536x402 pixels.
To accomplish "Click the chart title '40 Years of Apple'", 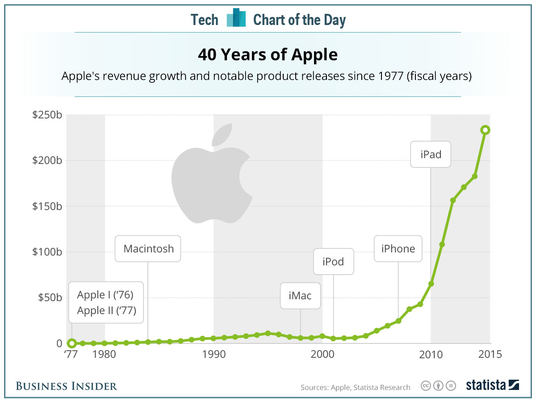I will coord(268,55).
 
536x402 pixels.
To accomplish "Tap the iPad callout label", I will coord(431,155).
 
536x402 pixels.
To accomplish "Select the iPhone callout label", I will coord(398,248).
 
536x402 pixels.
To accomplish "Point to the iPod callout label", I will coord(333,261).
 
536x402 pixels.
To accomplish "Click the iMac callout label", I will coord(300,295).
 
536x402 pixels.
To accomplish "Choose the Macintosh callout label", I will coord(148,248).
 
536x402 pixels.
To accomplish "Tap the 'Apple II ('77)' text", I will coord(106,310).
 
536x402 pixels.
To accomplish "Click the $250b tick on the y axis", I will coord(47,115).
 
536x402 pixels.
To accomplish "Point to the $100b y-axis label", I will coord(47,252).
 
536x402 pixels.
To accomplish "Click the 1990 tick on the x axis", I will coord(214,355).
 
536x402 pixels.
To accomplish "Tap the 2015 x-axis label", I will coord(490,355).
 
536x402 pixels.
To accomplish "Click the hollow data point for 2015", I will coord(485,130).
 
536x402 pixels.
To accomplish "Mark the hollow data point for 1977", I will coord(71,343).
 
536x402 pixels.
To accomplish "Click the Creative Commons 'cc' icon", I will coord(426,385).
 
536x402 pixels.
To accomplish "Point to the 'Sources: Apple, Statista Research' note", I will coord(355,387).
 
